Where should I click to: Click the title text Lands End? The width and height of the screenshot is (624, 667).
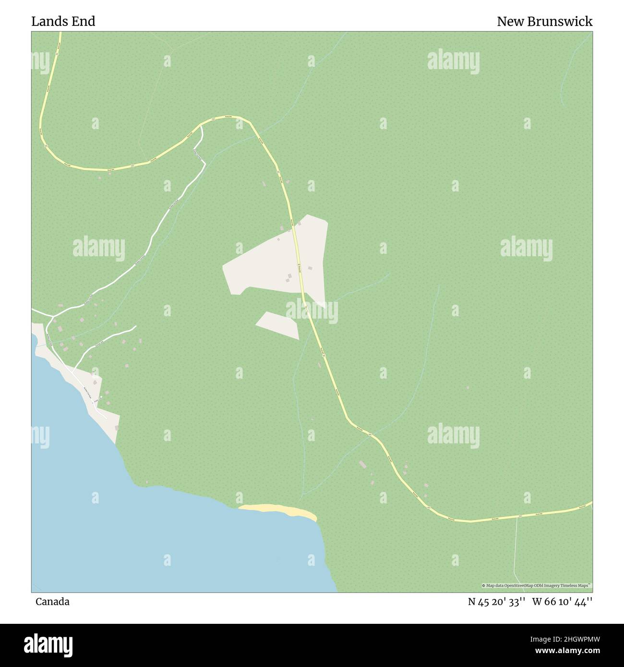pos(63,21)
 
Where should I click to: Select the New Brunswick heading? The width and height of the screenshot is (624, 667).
pos(544,21)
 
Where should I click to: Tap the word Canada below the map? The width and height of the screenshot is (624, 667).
pos(52,602)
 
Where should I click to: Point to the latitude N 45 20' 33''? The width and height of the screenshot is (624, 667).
pos(497,602)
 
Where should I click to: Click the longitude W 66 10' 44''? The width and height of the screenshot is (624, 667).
pos(562,602)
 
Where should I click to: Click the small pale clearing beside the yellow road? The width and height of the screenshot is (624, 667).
pos(277,325)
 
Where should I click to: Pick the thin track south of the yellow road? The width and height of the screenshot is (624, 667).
pos(515,552)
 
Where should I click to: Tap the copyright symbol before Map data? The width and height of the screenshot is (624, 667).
pos(484,585)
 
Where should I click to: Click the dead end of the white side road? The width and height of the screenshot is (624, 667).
pos(136,326)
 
